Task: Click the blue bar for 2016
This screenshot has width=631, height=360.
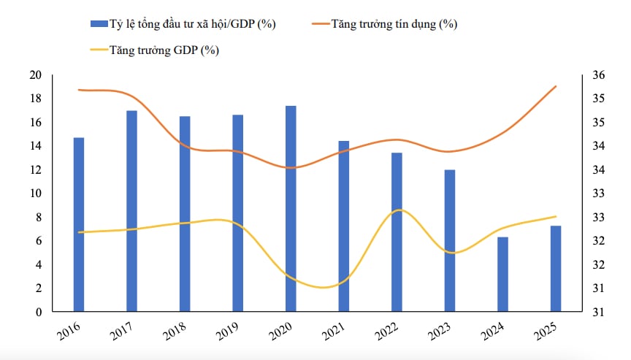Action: pyautogui.click(x=79, y=224)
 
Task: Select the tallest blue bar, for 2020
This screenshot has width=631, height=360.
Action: pyautogui.click(x=291, y=209)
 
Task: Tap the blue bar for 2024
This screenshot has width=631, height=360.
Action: pyautogui.click(x=503, y=275)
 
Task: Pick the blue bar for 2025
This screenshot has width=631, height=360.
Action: pyautogui.click(x=556, y=269)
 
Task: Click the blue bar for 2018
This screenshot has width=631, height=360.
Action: pyautogui.click(x=185, y=214)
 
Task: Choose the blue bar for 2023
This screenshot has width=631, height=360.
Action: pyautogui.click(x=450, y=240)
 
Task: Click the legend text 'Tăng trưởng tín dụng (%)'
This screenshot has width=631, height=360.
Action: pyautogui.click(x=394, y=24)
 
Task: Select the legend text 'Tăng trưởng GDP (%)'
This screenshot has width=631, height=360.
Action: pyautogui.click(x=164, y=50)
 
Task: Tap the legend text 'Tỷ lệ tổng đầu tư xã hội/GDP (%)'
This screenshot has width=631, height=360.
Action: pyautogui.click(x=192, y=24)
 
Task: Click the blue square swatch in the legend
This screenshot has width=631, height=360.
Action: pyautogui.click(x=99, y=24)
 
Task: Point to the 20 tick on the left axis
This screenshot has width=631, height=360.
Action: pyautogui.click(x=35, y=74)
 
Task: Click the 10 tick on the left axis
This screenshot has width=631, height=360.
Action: pyautogui.click(x=35, y=194)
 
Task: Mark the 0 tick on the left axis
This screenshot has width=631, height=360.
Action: pyautogui.click(x=39, y=312)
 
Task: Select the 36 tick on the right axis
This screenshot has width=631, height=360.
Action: pyautogui.click(x=599, y=74)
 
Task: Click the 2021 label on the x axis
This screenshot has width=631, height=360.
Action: pyautogui.click(x=334, y=331)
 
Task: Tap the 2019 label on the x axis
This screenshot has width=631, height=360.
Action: pyautogui.click(x=227, y=331)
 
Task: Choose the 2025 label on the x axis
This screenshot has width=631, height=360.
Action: pyautogui.click(x=546, y=331)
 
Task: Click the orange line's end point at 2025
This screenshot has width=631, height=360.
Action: pyautogui.click(x=556, y=86)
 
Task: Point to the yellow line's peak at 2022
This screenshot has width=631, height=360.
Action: pyautogui.click(x=399, y=210)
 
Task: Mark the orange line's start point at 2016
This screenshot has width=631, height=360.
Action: pyautogui.click(x=79, y=90)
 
